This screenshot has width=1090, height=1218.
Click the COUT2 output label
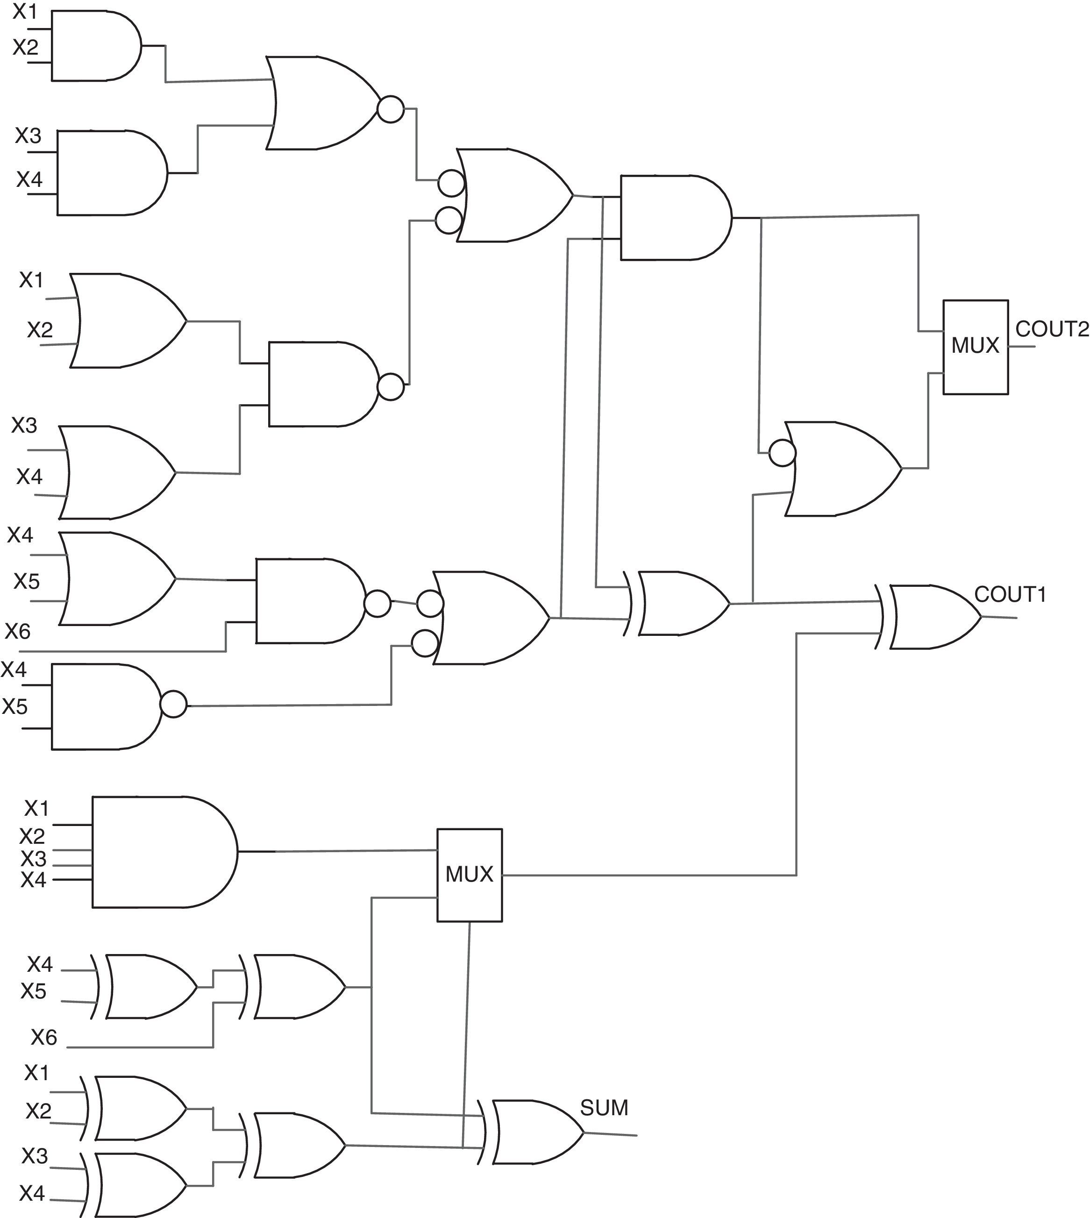[x=1052, y=329]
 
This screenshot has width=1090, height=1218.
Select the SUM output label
[x=604, y=1108]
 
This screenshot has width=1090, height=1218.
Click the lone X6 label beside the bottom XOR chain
[x=44, y=1037]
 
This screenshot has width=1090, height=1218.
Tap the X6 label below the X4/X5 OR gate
[x=17, y=631]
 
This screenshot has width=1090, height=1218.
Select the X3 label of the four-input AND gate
[x=34, y=859]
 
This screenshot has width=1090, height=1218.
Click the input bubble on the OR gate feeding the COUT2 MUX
[x=782, y=453]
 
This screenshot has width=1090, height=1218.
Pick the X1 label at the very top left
[x=25, y=12]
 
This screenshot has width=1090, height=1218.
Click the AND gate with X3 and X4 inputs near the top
[x=111, y=173]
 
